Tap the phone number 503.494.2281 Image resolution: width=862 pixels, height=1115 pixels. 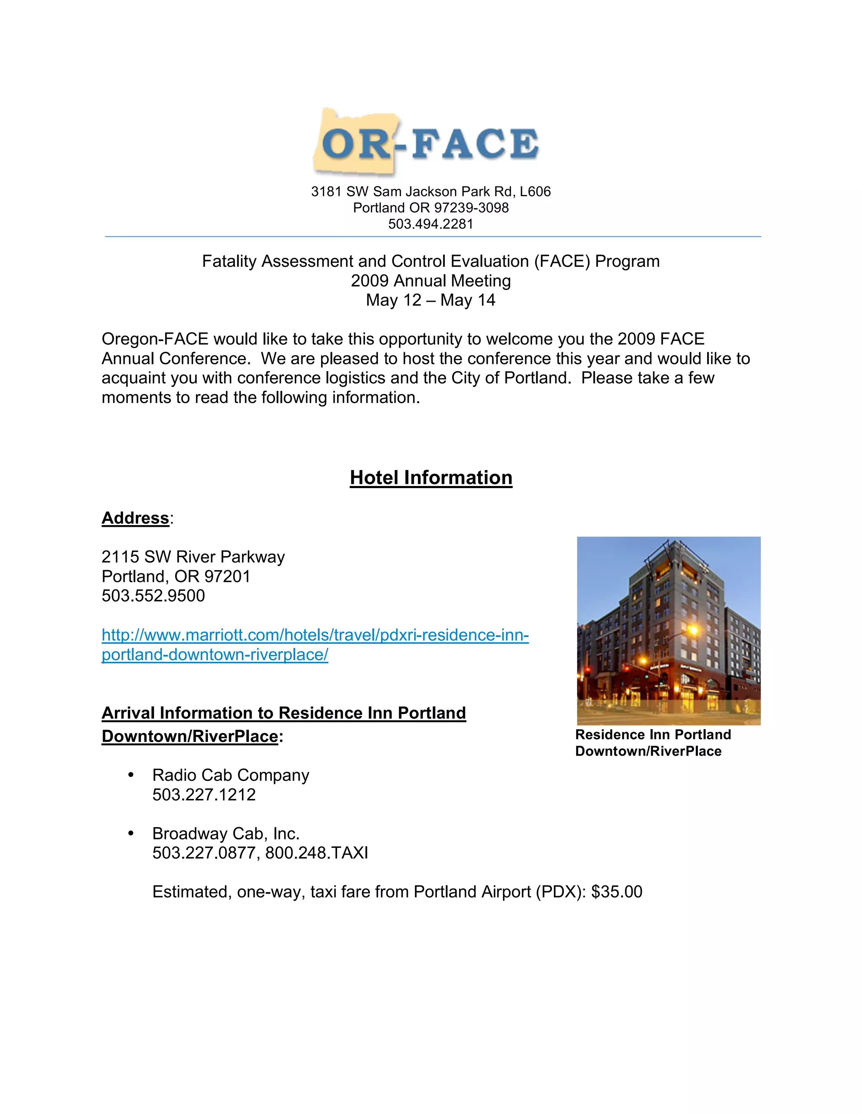tap(431, 224)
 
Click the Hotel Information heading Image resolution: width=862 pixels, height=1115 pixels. tap(431, 478)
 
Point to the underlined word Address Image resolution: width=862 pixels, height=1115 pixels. tap(136, 518)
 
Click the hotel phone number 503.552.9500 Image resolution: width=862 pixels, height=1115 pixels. tap(153, 596)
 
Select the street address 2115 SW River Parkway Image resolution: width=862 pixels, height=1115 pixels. tap(193, 557)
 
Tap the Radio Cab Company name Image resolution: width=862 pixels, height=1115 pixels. tap(230, 775)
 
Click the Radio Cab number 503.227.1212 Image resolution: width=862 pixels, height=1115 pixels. tap(204, 794)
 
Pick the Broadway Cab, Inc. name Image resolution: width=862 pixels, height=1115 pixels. tap(226, 833)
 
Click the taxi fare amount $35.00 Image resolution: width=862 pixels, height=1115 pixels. tap(616, 892)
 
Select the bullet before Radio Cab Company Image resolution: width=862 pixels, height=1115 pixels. tap(131, 775)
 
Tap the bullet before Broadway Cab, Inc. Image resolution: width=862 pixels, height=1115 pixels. tap(131, 833)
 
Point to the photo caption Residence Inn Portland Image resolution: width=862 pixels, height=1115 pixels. tap(653, 735)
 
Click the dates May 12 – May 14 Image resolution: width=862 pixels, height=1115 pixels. tap(431, 300)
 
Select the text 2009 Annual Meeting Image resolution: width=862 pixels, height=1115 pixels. tap(431, 281)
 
